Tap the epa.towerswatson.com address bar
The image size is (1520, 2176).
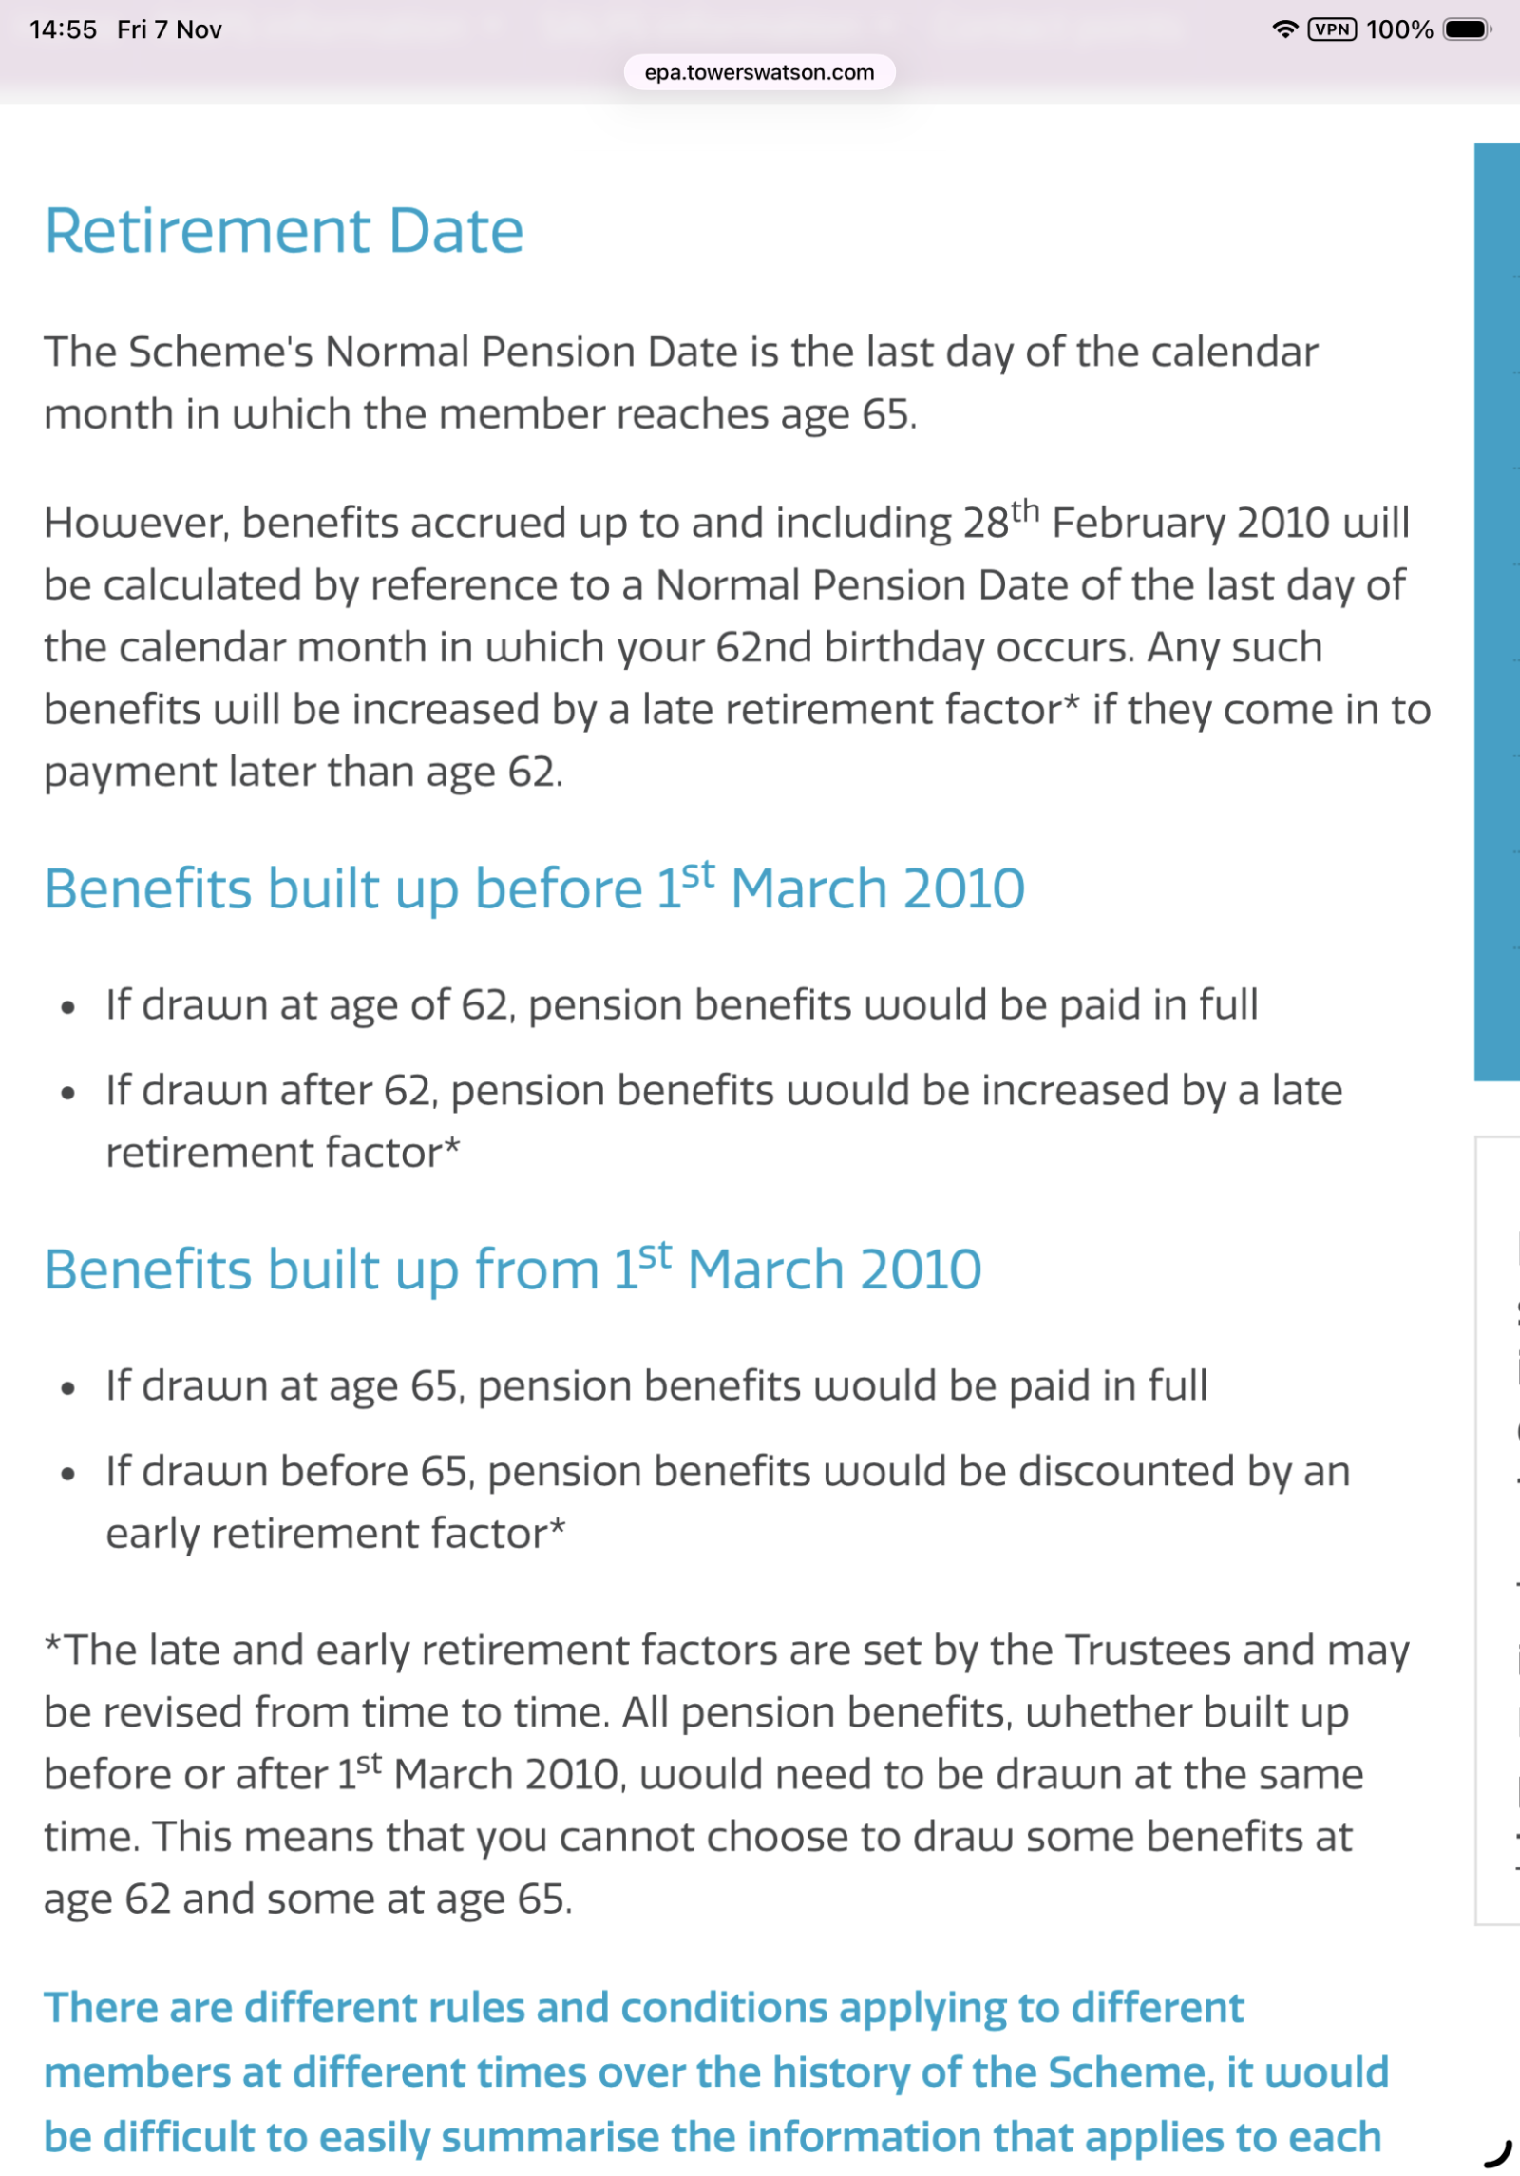[759, 72]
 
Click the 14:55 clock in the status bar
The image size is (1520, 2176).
[63, 29]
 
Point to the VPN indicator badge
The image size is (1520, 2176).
[1332, 29]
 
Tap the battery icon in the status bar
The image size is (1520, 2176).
[1466, 29]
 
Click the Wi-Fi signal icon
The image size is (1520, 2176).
[1284, 29]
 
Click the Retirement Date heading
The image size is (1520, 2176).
[284, 231]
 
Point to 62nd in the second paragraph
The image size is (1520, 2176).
[764, 648]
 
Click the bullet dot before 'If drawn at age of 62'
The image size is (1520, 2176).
[67, 1007]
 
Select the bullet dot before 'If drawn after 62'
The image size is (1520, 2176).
[67, 1093]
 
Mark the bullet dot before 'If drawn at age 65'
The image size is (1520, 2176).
[67, 1388]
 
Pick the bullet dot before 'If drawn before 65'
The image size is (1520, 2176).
[67, 1474]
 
